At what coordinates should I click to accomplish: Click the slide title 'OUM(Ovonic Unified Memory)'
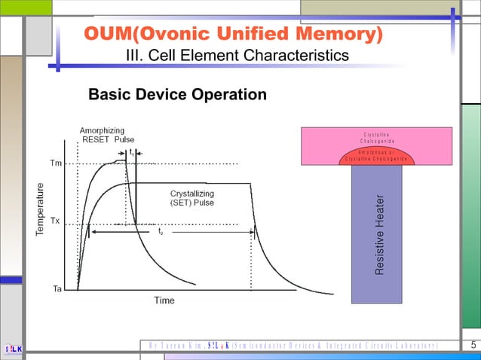(233, 35)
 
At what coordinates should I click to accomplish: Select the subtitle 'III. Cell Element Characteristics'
(237, 56)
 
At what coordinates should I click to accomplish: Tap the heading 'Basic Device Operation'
(177, 95)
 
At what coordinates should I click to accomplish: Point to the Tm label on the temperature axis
(56, 163)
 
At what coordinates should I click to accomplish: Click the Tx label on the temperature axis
(56, 222)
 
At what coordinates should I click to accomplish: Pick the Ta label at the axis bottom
(56, 288)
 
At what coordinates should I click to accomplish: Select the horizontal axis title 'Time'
(164, 301)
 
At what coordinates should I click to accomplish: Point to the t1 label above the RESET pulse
(132, 151)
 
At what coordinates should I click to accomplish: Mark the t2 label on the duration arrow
(161, 233)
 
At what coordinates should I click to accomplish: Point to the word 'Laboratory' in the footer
(412, 346)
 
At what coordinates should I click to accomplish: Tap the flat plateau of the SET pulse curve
(196, 183)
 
